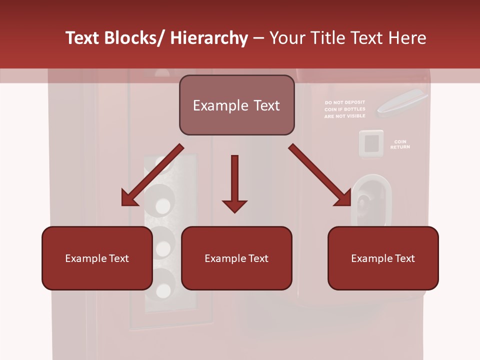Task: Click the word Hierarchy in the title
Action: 209,38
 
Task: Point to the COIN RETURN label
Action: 400,144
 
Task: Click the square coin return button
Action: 371,144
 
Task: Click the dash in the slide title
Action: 258,38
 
